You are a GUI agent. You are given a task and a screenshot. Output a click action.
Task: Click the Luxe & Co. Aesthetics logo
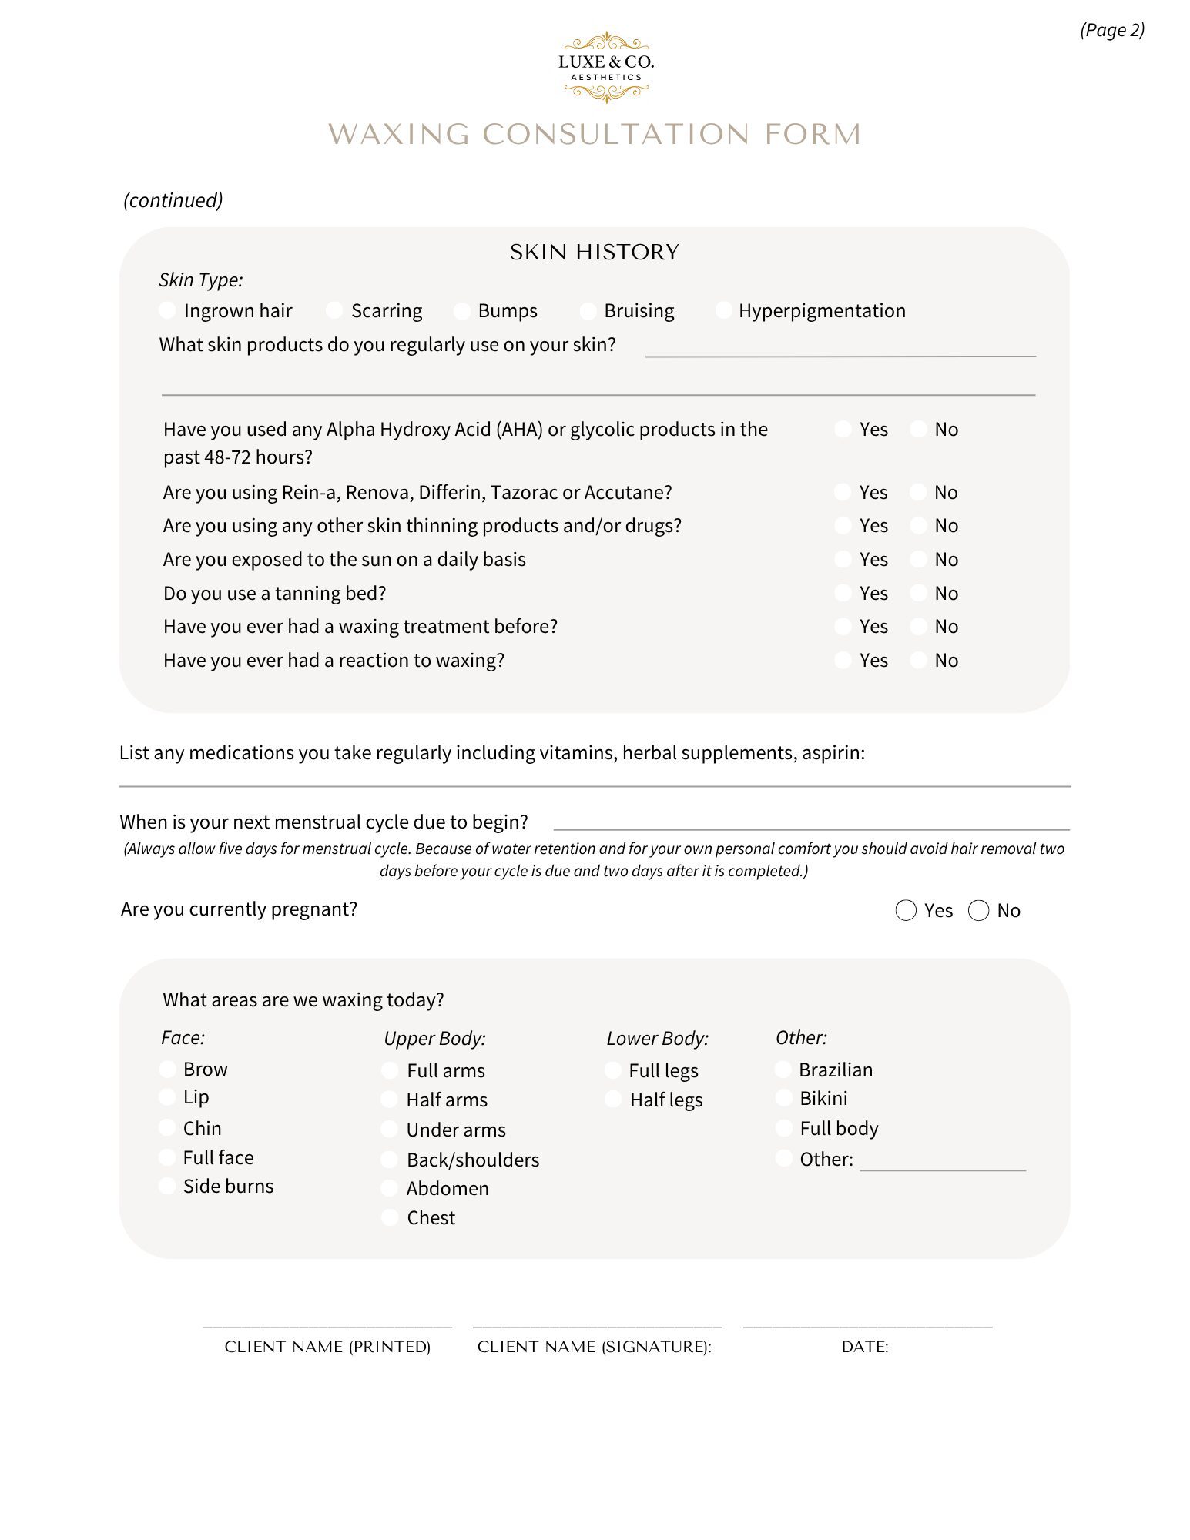606,68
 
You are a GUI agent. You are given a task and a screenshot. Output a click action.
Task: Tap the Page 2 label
1112,30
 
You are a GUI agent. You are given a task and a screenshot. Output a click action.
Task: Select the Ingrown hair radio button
167,310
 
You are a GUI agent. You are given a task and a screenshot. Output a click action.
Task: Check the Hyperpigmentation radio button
723,310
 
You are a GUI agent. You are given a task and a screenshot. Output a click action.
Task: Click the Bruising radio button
588,310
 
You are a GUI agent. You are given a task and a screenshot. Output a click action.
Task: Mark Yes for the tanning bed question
843,593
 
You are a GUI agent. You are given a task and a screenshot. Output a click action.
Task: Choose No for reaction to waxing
918,660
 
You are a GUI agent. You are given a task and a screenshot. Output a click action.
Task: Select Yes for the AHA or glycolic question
843,429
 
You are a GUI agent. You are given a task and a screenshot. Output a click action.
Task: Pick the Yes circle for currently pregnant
906,910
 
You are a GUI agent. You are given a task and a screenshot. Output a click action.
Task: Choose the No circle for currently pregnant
978,910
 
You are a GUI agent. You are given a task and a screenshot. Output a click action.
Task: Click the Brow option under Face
167,1069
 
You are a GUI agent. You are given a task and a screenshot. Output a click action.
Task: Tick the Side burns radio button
167,1186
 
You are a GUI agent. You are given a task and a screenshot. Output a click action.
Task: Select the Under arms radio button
390,1130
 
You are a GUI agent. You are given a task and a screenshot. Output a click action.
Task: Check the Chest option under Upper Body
390,1217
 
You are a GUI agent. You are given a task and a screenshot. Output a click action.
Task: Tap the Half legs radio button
613,1100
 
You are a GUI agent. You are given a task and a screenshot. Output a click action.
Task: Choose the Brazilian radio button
783,1070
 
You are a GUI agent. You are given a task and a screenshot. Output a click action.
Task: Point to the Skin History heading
594,253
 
